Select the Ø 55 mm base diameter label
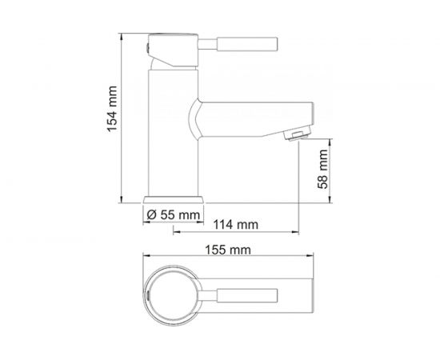coord(174,214)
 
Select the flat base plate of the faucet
coord(174,198)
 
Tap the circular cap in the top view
coord(172,294)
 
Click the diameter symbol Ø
coord(151,214)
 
